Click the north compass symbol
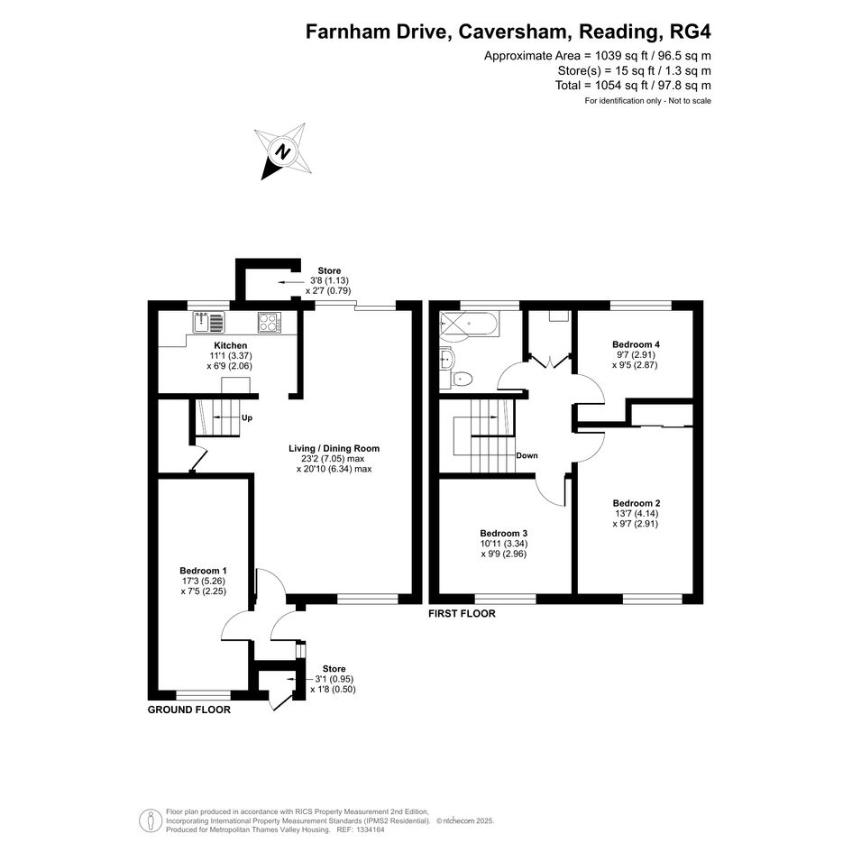(283, 151)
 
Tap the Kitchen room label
(231, 345)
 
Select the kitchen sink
(208, 322)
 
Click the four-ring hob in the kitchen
(270, 323)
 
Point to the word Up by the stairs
(247, 417)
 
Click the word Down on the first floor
(527, 455)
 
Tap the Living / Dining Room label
(334, 448)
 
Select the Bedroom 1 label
(203, 571)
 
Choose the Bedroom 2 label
(637, 503)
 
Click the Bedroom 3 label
(504, 534)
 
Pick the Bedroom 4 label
(636, 344)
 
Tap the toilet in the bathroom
(462, 378)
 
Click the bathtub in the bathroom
(468, 324)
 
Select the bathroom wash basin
(446, 358)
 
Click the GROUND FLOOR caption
(189, 710)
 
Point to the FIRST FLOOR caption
(462, 613)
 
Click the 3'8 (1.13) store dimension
(329, 281)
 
